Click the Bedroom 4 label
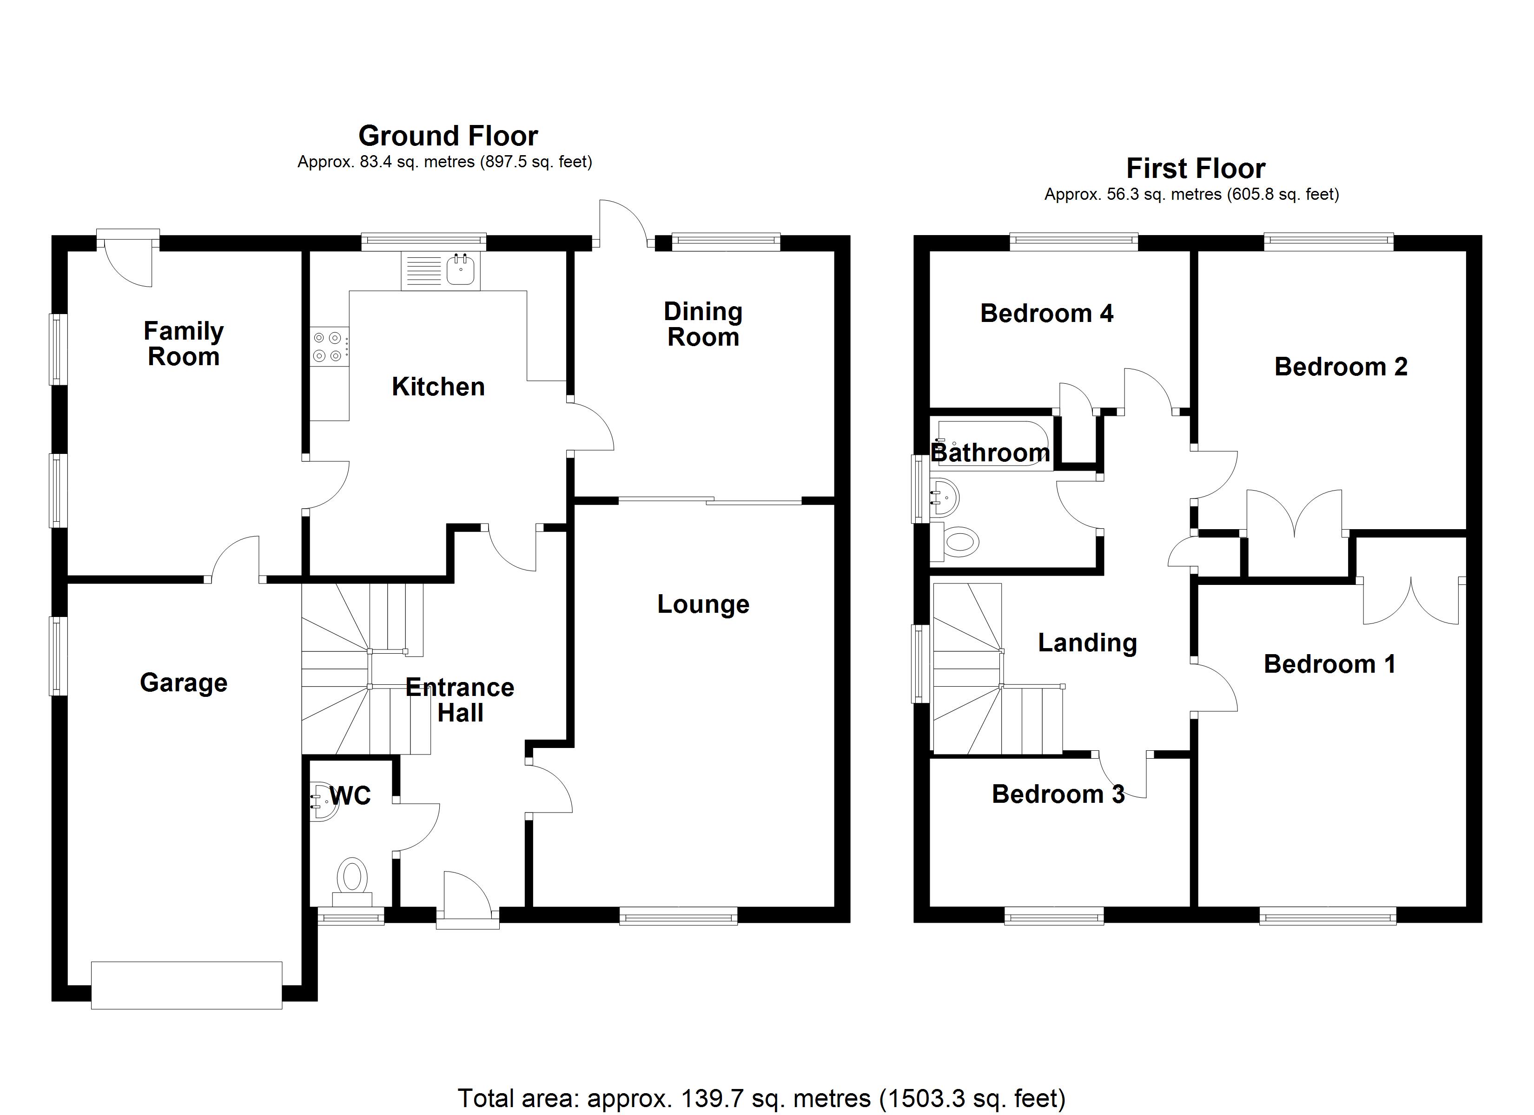coord(1046,313)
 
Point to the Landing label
coord(1087,643)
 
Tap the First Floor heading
coord(1195,168)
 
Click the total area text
coord(761,1098)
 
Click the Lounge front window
coord(678,918)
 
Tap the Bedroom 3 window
coord(1054,917)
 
